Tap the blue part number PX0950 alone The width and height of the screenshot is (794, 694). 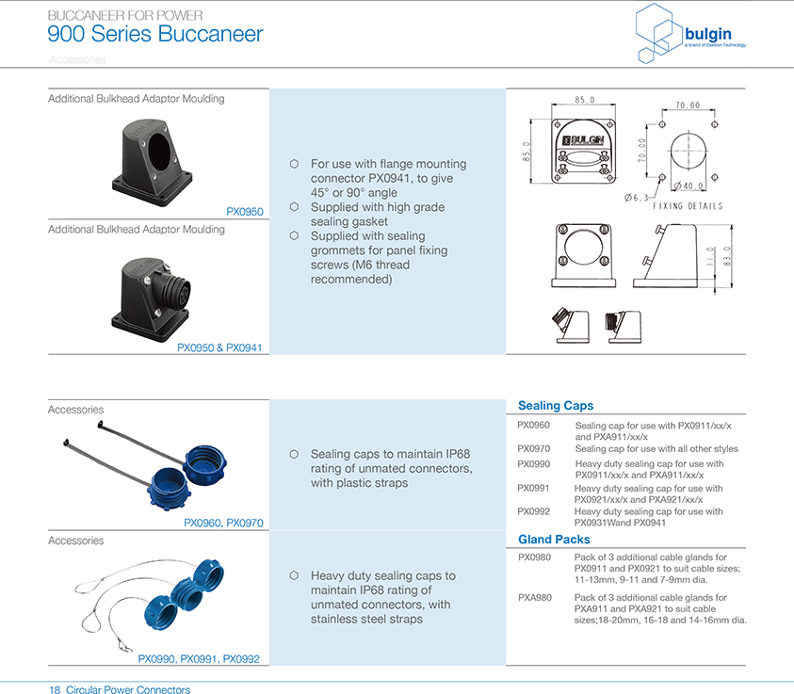click(x=245, y=212)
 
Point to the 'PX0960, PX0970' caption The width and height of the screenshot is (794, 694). click(x=223, y=523)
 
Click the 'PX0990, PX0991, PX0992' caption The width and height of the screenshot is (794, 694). click(x=199, y=660)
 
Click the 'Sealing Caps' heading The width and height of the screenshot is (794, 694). click(x=556, y=406)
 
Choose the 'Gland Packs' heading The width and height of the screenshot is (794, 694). click(x=554, y=540)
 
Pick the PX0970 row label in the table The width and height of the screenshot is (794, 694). click(x=534, y=449)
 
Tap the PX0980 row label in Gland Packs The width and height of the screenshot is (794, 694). click(x=534, y=557)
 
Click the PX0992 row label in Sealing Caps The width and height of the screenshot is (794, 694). click(x=534, y=511)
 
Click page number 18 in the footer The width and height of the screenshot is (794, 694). click(x=55, y=690)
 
